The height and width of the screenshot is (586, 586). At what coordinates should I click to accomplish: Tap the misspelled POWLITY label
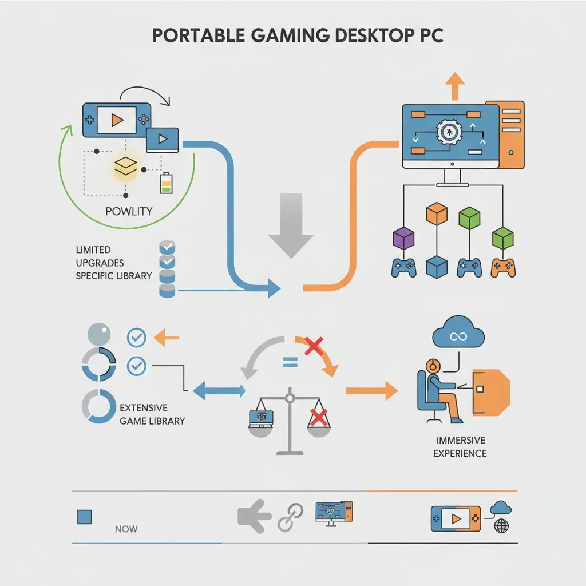point(129,211)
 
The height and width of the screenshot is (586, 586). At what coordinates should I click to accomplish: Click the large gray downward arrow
point(291,224)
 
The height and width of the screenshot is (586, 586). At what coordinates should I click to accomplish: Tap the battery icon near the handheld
point(165,183)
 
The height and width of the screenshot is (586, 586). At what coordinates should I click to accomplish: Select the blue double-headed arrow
point(219,391)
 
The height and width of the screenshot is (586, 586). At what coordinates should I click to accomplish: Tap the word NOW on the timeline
point(126,529)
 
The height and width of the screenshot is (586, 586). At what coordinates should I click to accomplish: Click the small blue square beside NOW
point(84,517)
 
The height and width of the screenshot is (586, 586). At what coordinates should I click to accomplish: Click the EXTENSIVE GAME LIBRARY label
point(152,414)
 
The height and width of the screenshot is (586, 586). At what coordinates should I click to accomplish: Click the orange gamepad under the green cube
point(503,266)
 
